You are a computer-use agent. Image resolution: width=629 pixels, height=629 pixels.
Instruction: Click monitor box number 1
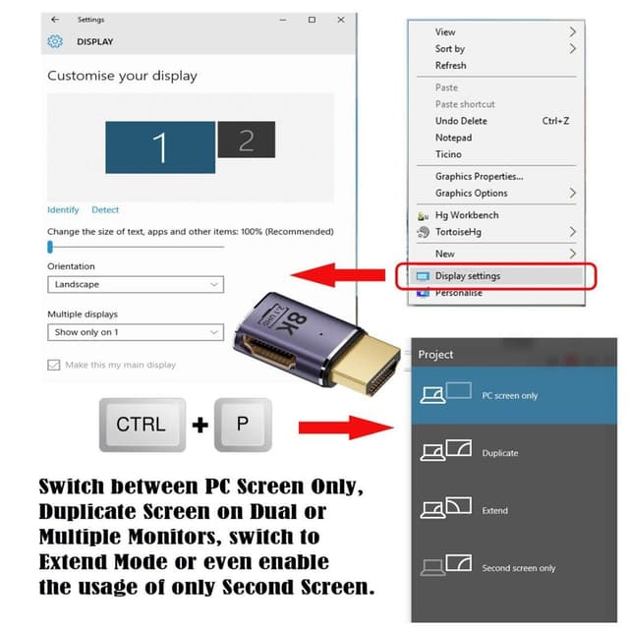tap(159, 147)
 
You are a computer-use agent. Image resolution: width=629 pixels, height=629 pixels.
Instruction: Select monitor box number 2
tap(246, 140)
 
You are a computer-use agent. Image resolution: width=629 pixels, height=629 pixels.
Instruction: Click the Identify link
tap(63, 210)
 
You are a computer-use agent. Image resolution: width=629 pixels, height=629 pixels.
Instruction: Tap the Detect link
tap(105, 210)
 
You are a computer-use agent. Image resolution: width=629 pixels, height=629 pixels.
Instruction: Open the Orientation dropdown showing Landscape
tap(136, 285)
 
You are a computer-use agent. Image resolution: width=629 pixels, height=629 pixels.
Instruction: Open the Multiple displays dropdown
tap(136, 333)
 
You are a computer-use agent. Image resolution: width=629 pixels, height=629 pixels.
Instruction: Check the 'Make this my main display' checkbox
tap(54, 365)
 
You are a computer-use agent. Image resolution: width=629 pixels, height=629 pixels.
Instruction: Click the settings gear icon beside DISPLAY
tap(55, 42)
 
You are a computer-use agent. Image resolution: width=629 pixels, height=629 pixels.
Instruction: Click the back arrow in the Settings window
tap(54, 20)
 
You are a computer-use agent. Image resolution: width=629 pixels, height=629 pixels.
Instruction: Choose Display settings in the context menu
tap(467, 276)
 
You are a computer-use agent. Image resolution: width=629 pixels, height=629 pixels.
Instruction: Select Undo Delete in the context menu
tap(461, 121)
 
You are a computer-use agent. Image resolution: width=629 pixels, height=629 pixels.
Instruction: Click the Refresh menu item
tap(450, 66)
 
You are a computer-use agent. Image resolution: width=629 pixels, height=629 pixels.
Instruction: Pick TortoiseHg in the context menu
tap(460, 232)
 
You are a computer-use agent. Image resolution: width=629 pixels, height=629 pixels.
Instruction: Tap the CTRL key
tap(141, 425)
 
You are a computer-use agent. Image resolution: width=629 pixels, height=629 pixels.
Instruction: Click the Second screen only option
tap(518, 568)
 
